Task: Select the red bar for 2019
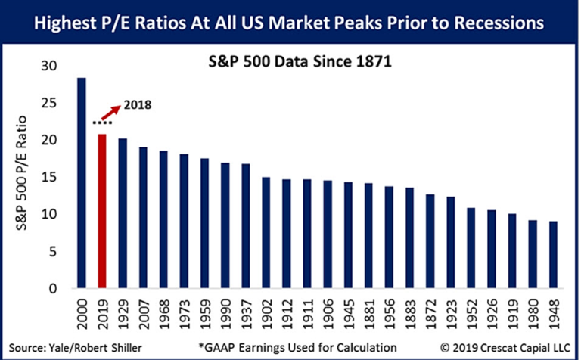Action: [101, 211]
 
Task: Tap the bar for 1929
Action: [122, 213]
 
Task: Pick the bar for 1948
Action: [554, 254]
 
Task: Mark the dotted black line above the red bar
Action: [101, 122]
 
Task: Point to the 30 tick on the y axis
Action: [52, 67]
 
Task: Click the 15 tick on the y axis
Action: [52, 178]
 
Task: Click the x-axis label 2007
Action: [143, 313]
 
